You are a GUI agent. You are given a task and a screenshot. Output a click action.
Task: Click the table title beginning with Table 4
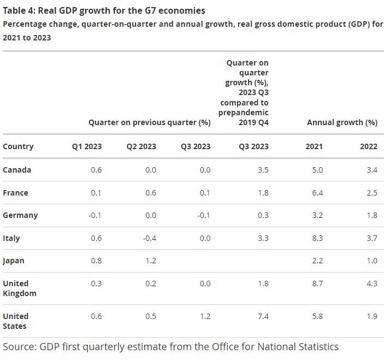pos(104,10)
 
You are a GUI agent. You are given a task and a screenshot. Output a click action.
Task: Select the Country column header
pos(18,146)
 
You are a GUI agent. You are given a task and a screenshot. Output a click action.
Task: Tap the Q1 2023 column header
pos(87,146)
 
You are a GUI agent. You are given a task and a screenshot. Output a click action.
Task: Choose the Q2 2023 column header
pos(141,146)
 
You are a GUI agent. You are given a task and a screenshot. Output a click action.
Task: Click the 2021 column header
pos(314,146)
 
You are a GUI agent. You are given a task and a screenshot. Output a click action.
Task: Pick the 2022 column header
pos(369,146)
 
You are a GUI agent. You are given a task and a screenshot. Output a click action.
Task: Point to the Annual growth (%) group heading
pos(342,122)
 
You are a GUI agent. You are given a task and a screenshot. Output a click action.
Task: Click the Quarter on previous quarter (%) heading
pos(150,122)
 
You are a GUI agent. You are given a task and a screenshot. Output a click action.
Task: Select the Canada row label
pos(17,170)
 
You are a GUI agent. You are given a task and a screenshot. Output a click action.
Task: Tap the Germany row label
pos(20,215)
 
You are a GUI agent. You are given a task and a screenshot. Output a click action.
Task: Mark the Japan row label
pos(14,261)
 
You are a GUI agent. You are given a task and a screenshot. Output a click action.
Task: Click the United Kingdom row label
pos(20,288)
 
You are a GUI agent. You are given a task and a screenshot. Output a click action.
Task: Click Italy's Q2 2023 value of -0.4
pos(149,238)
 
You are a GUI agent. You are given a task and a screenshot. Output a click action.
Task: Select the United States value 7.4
pos(263,316)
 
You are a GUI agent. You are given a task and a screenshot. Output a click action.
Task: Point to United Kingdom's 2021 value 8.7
pos(317,284)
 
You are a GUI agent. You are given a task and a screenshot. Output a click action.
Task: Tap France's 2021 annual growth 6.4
pos(317,193)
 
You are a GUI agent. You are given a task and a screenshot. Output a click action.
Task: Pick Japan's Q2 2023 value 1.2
pos(150,261)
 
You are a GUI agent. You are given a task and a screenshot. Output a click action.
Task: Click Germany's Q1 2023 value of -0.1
pos(94,215)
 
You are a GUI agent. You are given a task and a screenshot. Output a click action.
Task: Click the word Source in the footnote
pos(18,347)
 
